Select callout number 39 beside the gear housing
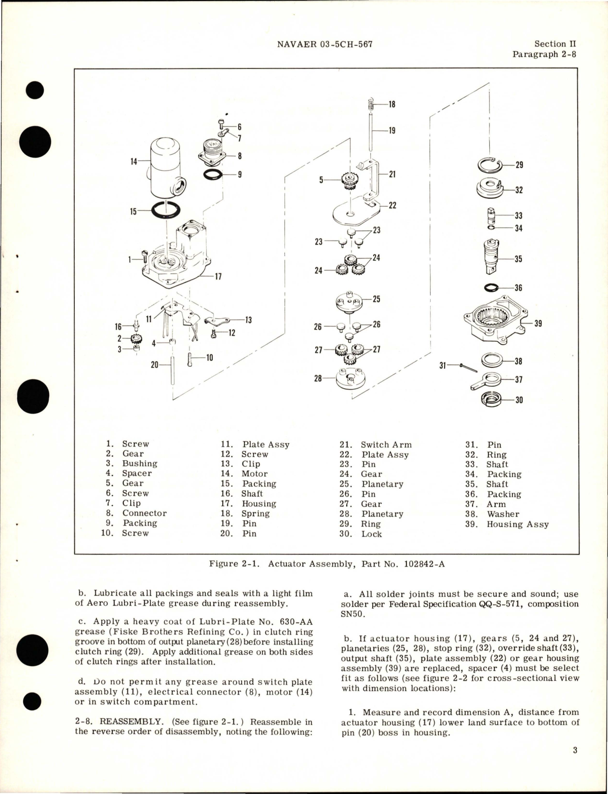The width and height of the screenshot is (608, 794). [x=538, y=323]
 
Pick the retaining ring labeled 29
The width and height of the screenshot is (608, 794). [x=489, y=165]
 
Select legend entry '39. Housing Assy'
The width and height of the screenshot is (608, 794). [x=507, y=524]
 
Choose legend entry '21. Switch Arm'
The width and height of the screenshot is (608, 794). [x=376, y=444]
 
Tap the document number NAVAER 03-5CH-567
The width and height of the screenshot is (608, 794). [x=325, y=44]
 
